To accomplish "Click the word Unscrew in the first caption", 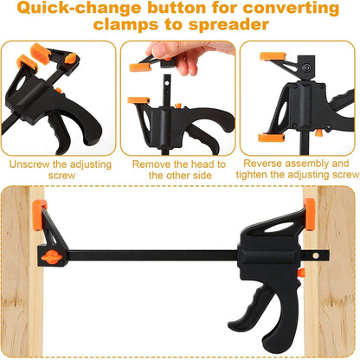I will click(x=35, y=163).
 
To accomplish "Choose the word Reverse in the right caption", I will click(x=266, y=163).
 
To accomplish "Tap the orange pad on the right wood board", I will click(x=309, y=213).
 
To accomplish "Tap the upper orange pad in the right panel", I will click(x=273, y=56).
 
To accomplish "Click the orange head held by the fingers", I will click(x=140, y=66).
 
